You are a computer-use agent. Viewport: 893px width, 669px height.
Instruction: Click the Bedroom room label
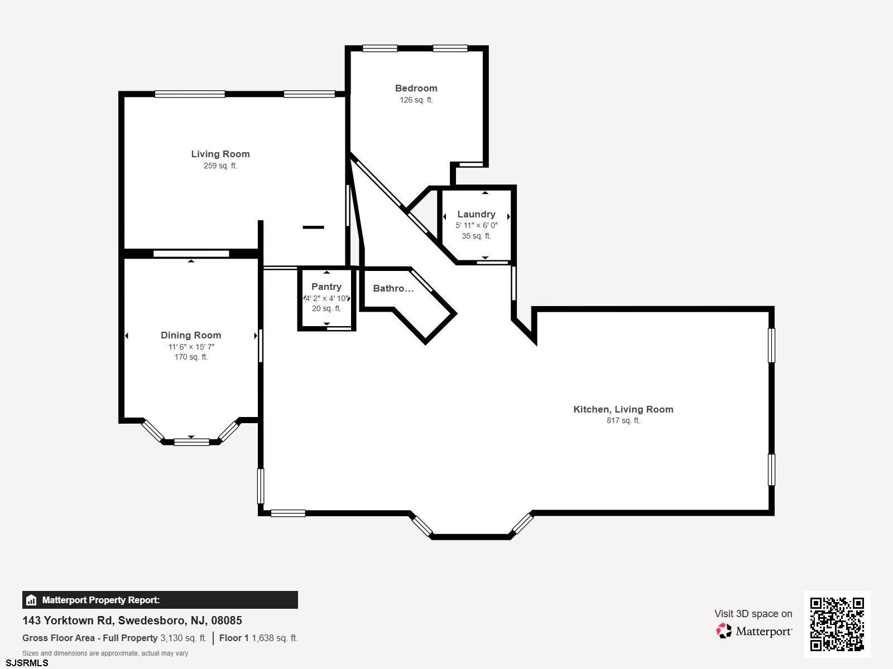tap(416, 88)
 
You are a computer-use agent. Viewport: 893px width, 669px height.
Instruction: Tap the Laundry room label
tap(476, 214)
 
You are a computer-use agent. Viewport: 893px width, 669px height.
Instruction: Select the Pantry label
tap(327, 287)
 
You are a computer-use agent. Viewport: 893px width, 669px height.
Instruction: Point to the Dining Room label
tap(191, 335)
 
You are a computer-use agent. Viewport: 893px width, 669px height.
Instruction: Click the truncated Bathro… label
tap(393, 288)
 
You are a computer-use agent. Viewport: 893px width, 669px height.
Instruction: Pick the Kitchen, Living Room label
tap(623, 409)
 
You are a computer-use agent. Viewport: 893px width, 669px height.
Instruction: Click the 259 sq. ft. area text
tap(220, 166)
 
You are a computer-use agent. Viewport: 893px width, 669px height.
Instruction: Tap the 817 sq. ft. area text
tap(623, 420)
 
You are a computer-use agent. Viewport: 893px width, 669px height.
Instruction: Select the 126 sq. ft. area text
tap(416, 100)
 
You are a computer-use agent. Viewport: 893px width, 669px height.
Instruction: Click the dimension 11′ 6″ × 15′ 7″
tap(191, 347)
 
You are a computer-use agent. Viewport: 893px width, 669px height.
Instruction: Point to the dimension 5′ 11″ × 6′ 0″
tap(477, 225)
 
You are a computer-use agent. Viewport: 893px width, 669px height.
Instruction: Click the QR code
tap(837, 624)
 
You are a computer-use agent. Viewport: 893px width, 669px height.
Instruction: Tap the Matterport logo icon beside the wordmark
tap(723, 631)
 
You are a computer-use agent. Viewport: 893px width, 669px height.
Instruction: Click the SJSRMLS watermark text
tap(27, 663)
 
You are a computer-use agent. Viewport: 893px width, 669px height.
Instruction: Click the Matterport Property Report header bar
tap(160, 600)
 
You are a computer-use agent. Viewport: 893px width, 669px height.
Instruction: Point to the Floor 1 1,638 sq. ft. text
tap(258, 638)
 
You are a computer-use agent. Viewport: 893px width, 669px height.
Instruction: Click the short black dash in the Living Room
tap(313, 227)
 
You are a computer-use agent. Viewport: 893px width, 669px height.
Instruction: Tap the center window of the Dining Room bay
tap(191, 442)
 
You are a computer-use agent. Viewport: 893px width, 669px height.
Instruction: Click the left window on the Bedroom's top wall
tap(380, 49)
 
